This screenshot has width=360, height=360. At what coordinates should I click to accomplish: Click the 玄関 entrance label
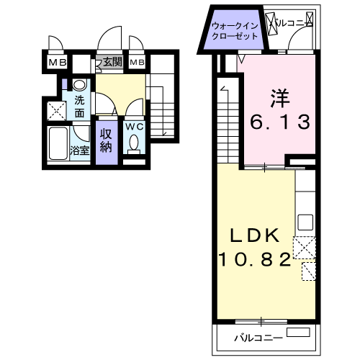(x=113, y=62)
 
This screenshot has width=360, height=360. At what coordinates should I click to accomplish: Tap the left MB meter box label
(x=58, y=63)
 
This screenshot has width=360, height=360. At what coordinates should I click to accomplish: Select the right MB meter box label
(x=137, y=63)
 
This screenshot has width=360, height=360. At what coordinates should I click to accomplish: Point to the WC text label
(x=135, y=127)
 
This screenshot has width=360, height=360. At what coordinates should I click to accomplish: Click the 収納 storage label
(x=106, y=140)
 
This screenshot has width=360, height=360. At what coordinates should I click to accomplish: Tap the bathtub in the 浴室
(x=58, y=143)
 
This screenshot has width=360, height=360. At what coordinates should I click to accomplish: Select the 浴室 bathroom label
(x=80, y=150)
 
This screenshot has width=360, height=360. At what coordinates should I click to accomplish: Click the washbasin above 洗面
(x=79, y=84)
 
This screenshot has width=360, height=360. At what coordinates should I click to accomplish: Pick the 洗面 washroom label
(x=79, y=107)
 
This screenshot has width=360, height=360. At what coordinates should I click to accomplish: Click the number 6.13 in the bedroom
(x=280, y=122)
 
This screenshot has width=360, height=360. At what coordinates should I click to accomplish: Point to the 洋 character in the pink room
(x=280, y=98)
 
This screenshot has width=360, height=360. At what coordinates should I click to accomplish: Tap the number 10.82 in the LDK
(x=255, y=260)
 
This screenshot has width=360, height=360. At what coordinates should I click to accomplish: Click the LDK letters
(x=255, y=235)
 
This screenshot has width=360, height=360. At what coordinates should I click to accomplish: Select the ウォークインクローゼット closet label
(x=235, y=31)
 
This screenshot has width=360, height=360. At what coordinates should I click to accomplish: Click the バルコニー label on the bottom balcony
(x=258, y=338)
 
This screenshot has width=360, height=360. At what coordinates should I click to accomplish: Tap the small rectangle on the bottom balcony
(x=298, y=332)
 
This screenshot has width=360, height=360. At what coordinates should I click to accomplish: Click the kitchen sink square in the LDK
(x=305, y=222)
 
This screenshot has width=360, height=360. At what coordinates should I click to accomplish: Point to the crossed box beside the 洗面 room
(x=57, y=111)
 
